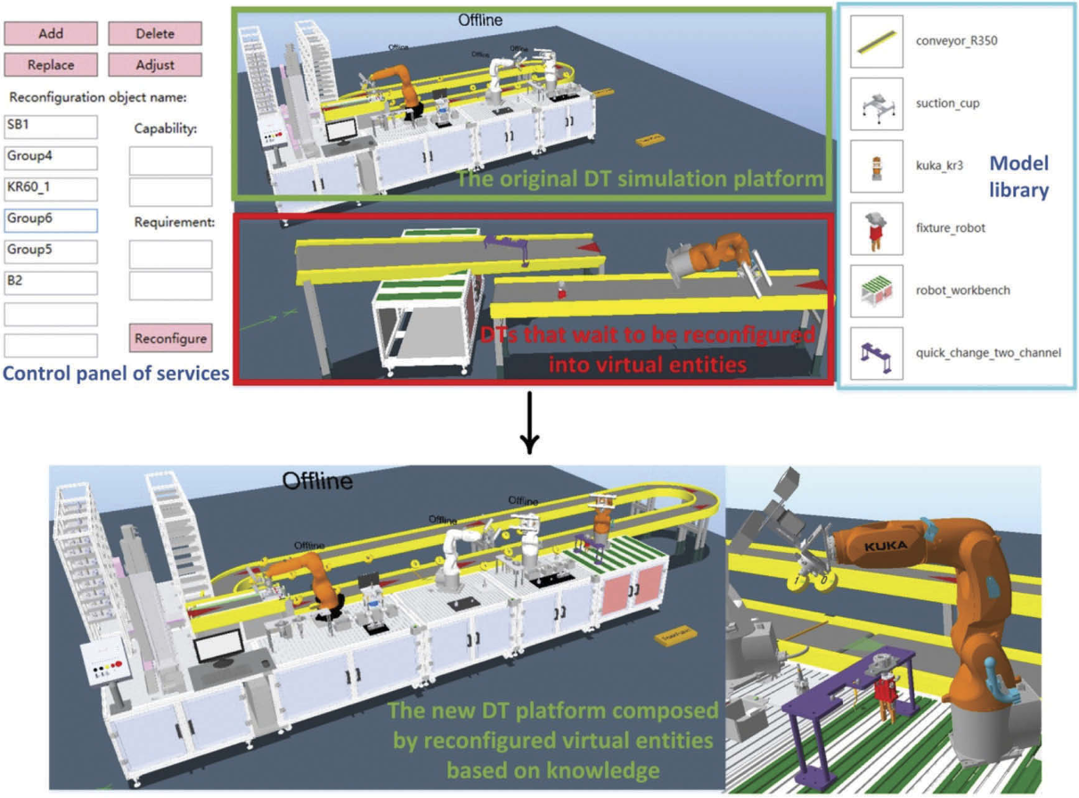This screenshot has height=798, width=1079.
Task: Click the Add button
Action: (51, 34)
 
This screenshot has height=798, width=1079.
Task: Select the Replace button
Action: (51, 65)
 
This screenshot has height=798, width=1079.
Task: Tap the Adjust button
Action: (155, 65)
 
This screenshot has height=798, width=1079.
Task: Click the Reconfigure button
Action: (171, 338)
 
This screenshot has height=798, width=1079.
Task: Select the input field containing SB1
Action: (51, 127)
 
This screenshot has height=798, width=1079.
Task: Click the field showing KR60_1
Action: (51, 189)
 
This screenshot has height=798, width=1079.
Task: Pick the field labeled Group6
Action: (51, 220)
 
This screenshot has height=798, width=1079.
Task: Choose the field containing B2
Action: (51, 283)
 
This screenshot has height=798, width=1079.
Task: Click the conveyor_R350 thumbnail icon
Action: (877, 42)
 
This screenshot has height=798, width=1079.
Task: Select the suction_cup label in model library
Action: (947, 103)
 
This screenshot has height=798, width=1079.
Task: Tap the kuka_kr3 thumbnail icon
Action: (877, 166)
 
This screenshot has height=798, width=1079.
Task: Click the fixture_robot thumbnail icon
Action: (877, 228)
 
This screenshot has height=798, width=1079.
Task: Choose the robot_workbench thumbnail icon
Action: (877, 291)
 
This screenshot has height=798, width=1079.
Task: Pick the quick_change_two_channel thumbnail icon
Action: (877, 353)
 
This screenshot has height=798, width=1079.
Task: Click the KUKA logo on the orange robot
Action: (886, 545)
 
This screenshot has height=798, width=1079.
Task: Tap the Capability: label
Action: (165, 128)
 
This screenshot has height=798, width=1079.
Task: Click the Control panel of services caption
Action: (116, 374)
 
